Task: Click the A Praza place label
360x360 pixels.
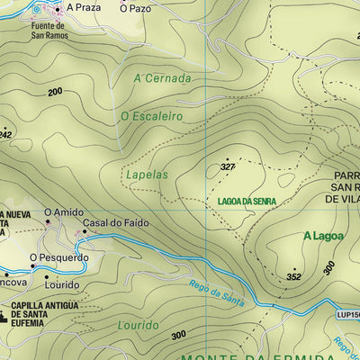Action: (82, 7)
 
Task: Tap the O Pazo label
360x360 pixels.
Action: (136, 7)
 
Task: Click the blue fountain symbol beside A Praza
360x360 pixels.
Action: (37, 9)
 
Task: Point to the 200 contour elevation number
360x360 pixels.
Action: (55, 92)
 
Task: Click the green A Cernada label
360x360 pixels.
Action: (162, 78)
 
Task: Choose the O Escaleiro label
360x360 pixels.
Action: (151, 116)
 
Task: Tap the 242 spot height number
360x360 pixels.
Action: (4, 134)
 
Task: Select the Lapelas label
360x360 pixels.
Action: (147, 175)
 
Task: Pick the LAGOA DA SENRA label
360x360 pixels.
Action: (245, 202)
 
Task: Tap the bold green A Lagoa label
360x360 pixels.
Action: (323, 237)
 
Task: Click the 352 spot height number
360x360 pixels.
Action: (293, 277)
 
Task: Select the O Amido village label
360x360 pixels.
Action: (64, 212)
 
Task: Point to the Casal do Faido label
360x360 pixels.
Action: (115, 222)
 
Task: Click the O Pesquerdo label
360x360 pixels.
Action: (59, 257)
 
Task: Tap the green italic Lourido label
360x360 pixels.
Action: (138, 324)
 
